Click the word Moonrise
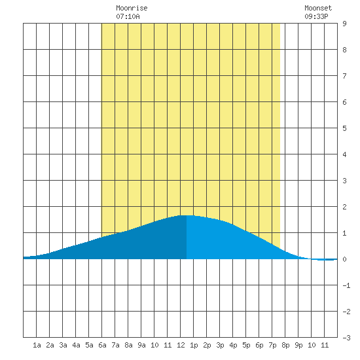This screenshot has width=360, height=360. pyautogui.click(x=132, y=8)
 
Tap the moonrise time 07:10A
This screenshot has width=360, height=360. pyautogui.click(x=128, y=16)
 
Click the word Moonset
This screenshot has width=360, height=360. pyautogui.click(x=318, y=8)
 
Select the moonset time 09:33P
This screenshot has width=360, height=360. pyautogui.click(x=316, y=16)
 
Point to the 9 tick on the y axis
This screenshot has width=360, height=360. pyautogui.click(x=344, y=24)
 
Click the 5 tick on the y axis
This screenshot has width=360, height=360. pyautogui.click(x=344, y=128)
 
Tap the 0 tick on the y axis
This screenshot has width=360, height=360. pyautogui.click(x=344, y=259)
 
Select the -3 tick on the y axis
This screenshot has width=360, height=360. pyautogui.click(x=346, y=338)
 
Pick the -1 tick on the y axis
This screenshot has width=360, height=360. pyautogui.click(x=346, y=285)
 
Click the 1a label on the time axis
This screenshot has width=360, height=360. pyautogui.click(x=37, y=345)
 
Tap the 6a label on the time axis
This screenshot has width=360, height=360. pyautogui.click(x=102, y=345)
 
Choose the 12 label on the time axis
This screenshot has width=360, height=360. pyautogui.click(x=181, y=345)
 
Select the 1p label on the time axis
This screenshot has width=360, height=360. pyautogui.click(x=194, y=345)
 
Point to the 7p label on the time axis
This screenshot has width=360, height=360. pyautogui.click(x=272, y=345)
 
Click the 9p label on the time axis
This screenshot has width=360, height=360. pyautogui.click(x=298, y=345)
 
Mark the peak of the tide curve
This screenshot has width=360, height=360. pyautogui.click(x=187, y=215)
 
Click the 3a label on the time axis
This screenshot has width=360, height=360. pyautogui.click(x=63, y=345)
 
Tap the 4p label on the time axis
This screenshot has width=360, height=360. pyautogui.click(x=233, y=345)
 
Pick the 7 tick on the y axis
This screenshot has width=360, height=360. pyautogui.click(x=344, y=76)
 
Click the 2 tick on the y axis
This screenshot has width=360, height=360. pyautogui.click(x=344, y=207)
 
